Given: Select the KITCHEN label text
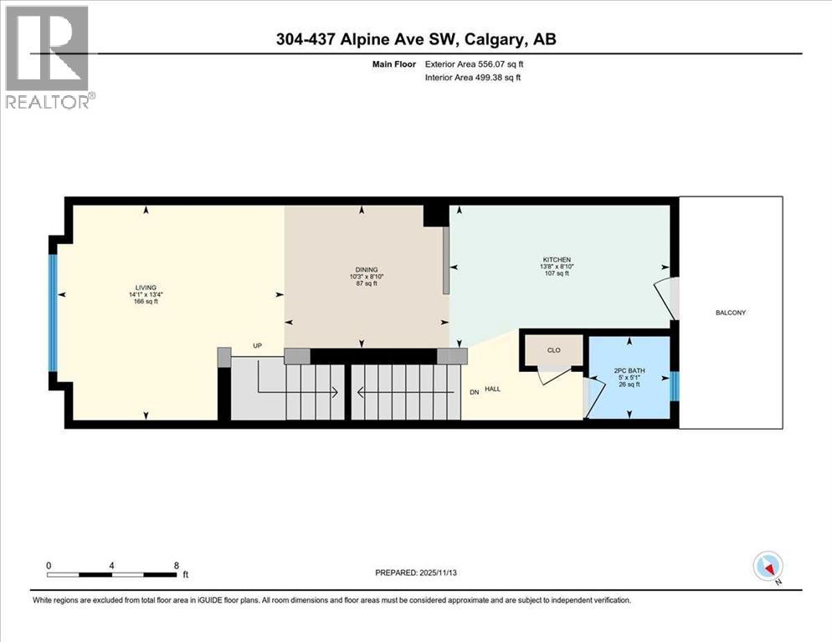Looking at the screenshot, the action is coord(555,260).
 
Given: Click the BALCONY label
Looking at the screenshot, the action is coord(730,313).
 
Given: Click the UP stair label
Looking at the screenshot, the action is coord(259,345).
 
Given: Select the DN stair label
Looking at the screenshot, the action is coord(475,391).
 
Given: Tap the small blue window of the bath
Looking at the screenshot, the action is coord(675,387).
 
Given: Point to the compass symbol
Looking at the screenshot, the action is coord(768,566).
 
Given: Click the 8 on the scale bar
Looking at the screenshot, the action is coord(176,564).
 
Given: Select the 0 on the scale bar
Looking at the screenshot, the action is coord(49,564).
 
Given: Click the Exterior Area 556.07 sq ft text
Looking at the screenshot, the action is coord(486,64).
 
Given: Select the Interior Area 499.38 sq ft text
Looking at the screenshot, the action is coord(486,77).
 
